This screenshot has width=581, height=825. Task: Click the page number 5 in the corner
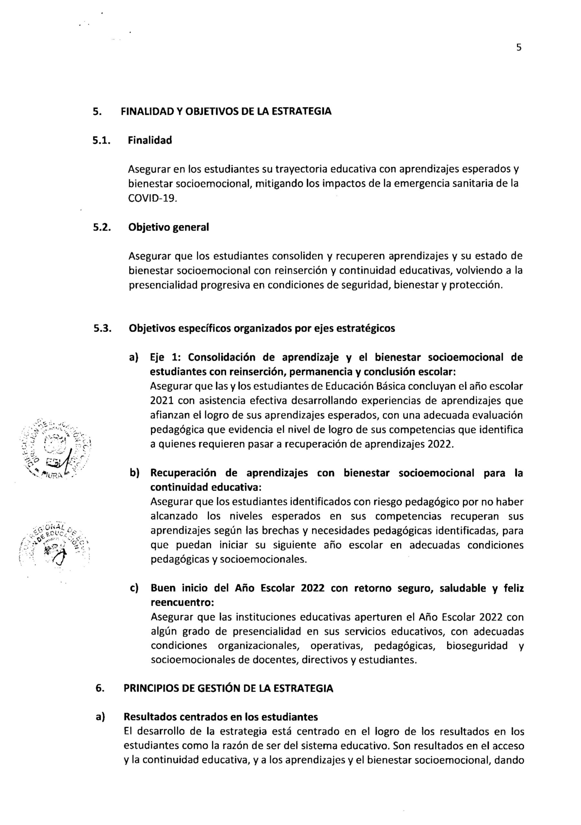click(518, 47)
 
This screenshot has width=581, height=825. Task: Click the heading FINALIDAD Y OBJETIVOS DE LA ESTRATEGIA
click(226, 112)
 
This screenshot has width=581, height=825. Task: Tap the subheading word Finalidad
click(150, 141)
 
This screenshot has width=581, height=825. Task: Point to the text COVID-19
click(153, 199)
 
